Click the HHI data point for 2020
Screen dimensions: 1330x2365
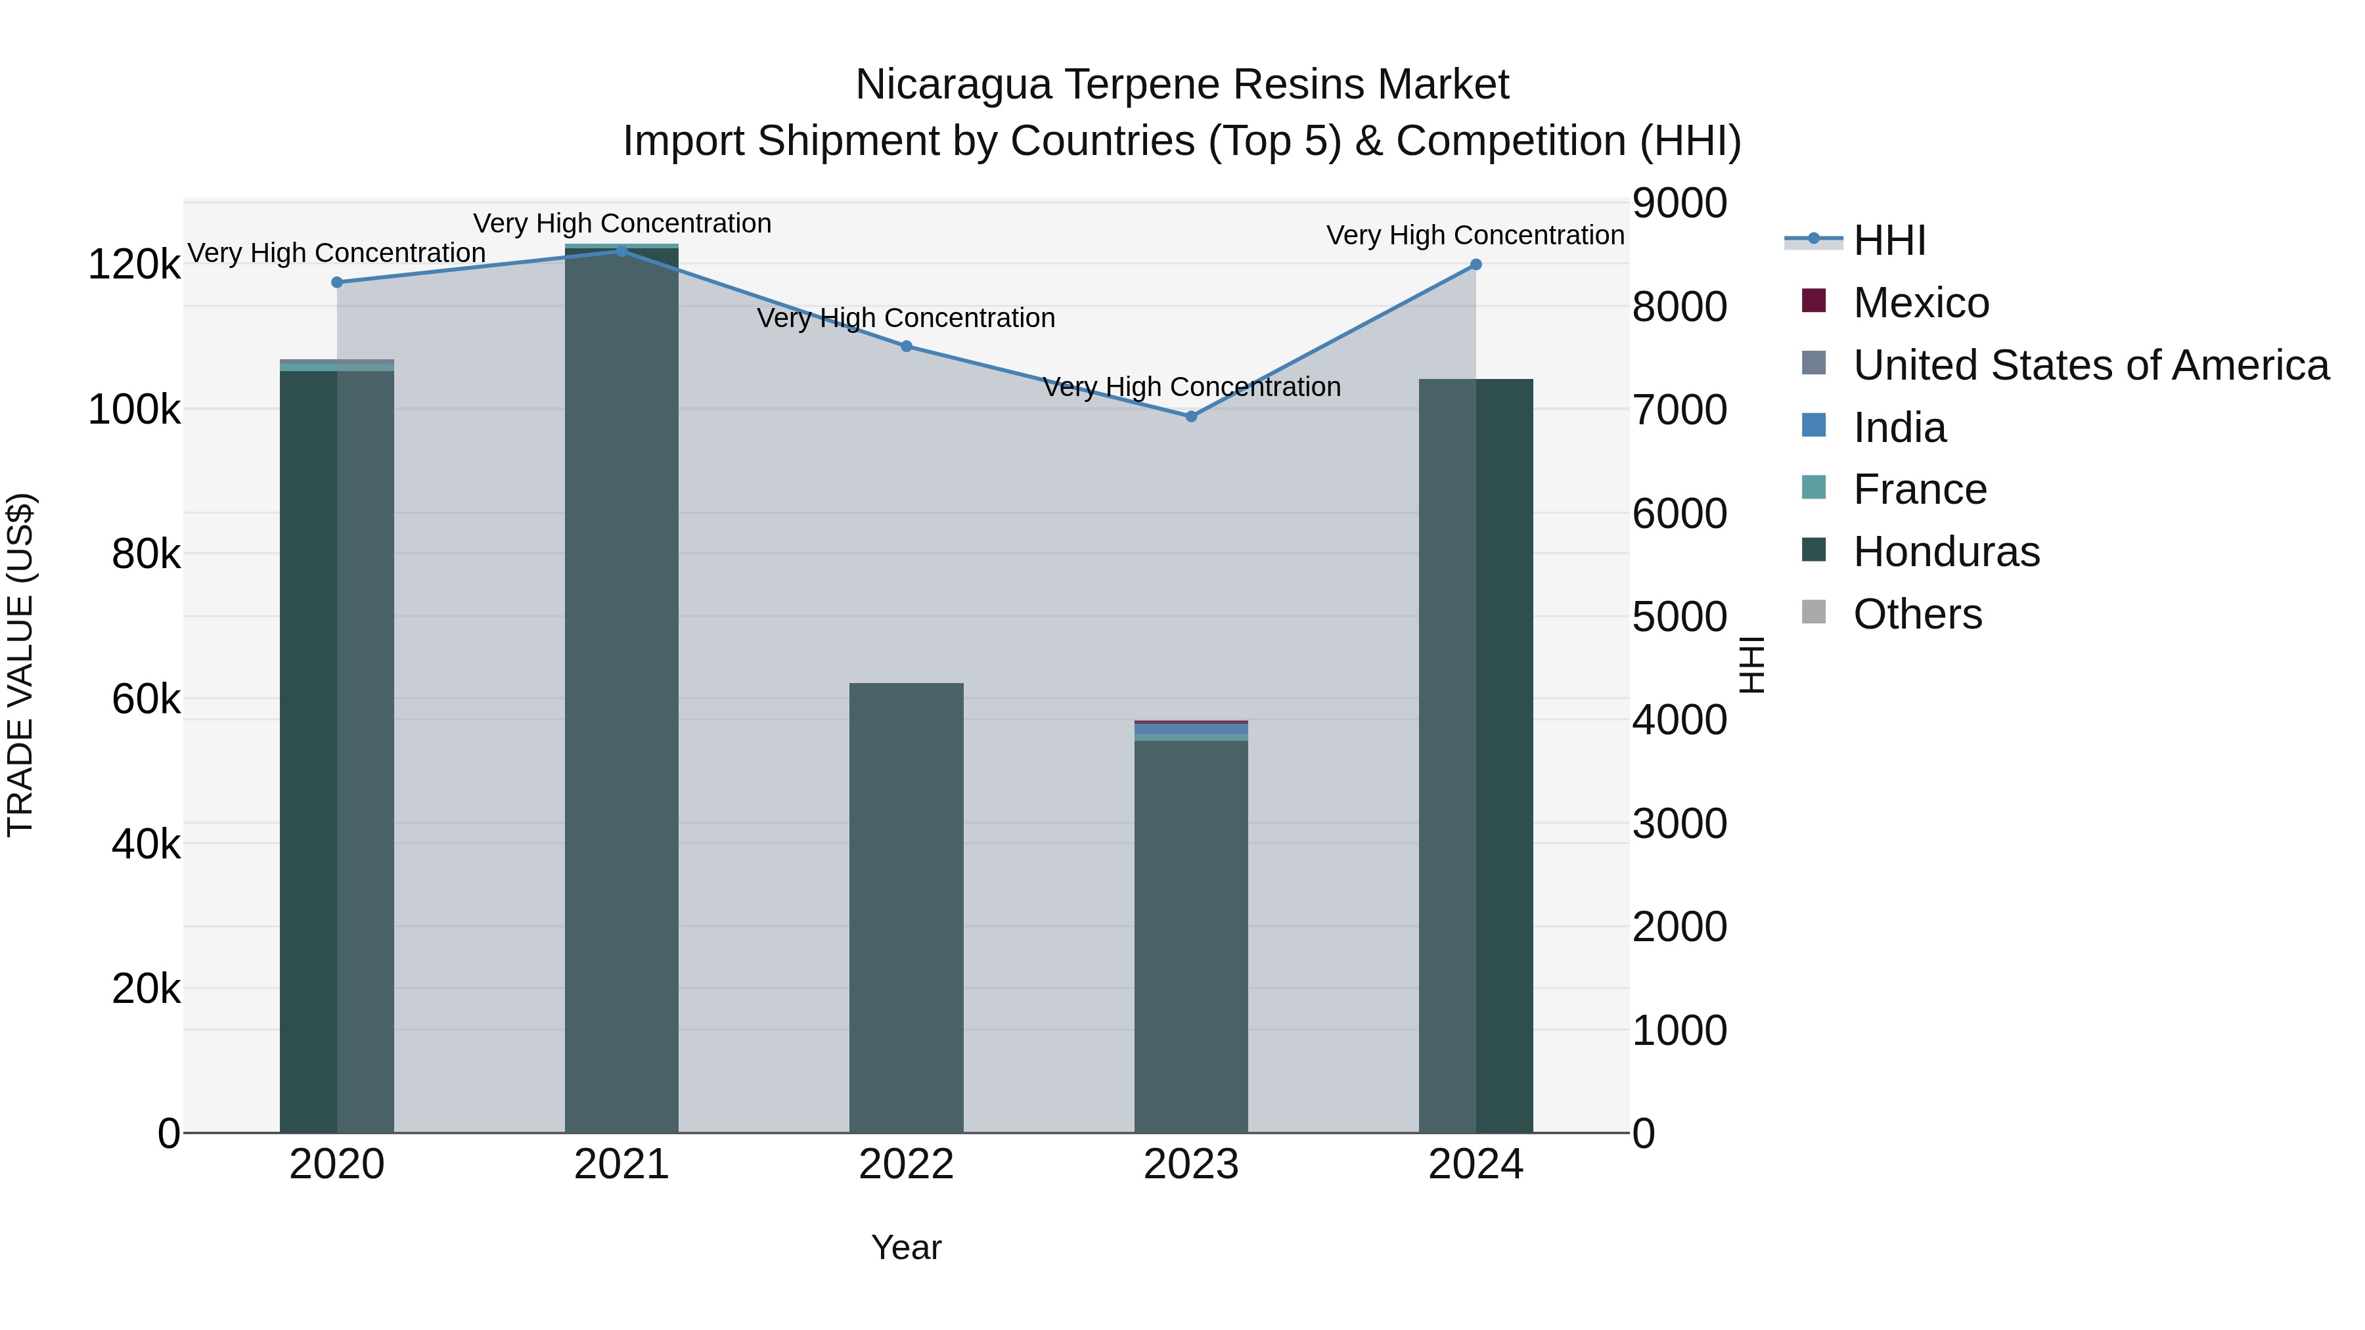(x=337, y=282)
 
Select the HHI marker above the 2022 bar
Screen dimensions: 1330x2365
(x=906, y=346)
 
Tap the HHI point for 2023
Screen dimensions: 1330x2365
(x=1192, y=416)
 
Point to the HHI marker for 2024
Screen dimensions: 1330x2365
(x=1476, y=264)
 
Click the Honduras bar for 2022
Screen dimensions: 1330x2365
(x=906, y=909)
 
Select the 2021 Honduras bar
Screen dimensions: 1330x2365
(x=621, y=688)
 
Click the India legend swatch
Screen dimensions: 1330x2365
(x=1814, y=426)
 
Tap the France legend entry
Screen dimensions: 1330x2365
(x=1920, y=489)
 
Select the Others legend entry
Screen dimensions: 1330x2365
(x=1917, y=614)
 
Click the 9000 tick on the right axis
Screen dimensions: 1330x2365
(x=1679, y=204)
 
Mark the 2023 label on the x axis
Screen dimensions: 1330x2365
(x=1191, y=1164)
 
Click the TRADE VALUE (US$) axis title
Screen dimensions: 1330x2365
(x=20, y=665)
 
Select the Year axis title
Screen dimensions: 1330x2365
(x=906, y=1247)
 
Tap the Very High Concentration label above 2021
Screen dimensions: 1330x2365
(x=621, y=223)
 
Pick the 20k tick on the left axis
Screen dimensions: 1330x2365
(x=146, y=988)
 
